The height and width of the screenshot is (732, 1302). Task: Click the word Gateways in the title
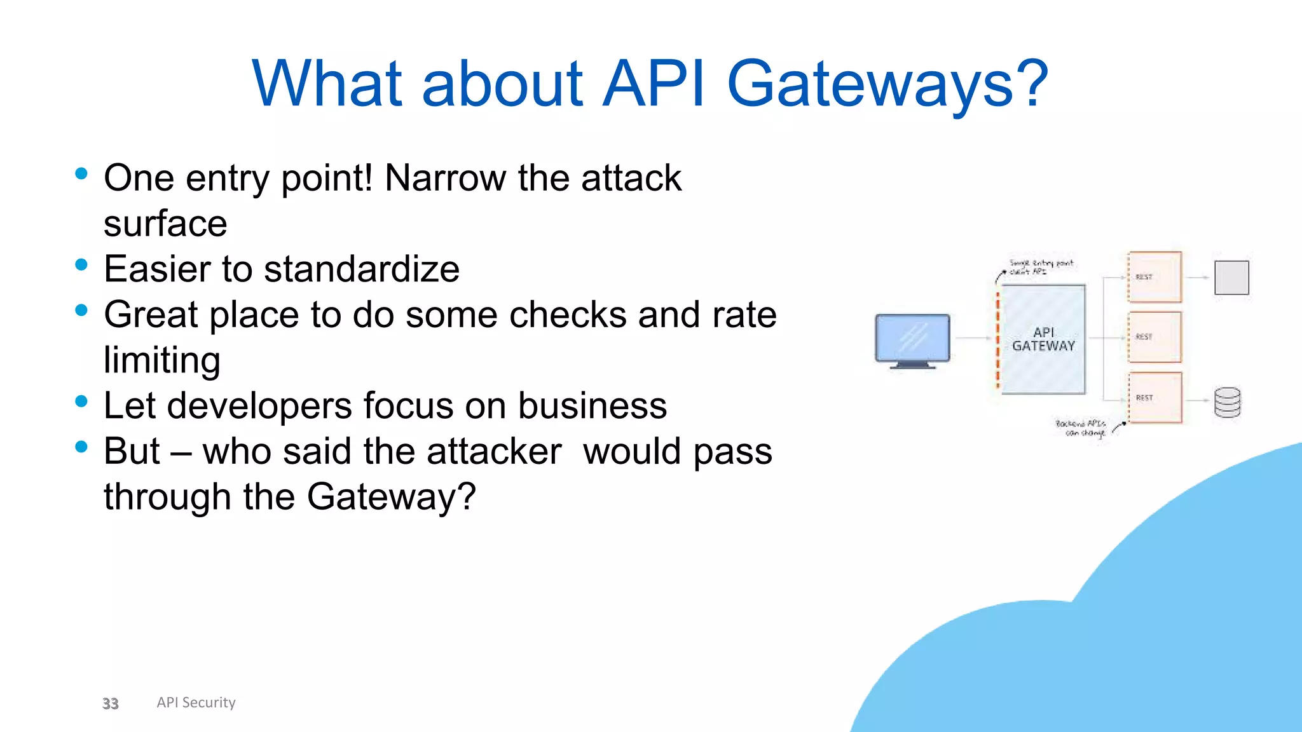[x=887, y=84]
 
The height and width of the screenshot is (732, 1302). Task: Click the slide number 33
[x=111, y=703]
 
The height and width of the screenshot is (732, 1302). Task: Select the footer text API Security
[x=196, y=703]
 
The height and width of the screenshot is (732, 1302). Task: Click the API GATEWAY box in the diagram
[x=1043, y=339]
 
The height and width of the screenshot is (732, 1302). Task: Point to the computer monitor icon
[x=912, y=339]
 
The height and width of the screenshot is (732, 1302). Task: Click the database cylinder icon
[x=1227, y=402]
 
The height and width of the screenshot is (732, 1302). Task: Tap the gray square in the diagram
[x=1231, y=278]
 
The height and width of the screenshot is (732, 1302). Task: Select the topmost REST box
[x=1155, y=277]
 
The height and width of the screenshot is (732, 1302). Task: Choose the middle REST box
[x=1155, y=337]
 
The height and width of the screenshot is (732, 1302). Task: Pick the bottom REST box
[x=1155, y=398]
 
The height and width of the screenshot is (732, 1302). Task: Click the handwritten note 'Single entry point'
[x=1040, y=266]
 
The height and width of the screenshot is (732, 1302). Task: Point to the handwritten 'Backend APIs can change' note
[x=1081, y=428]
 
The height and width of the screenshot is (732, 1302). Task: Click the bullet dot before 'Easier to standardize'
[x=81, y=265]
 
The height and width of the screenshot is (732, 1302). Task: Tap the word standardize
[x=361, y=269]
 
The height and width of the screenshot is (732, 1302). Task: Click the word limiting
[x=162, y=360]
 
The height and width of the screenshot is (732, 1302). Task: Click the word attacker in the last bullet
[x=494, y=452]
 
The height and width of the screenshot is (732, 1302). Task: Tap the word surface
[x=165, y=224]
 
